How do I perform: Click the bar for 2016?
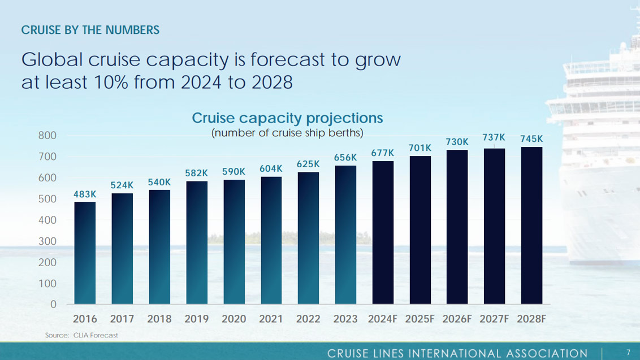tap(85, 253)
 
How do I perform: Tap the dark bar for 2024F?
tap(383, 232)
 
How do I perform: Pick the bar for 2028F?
tap(531, 225)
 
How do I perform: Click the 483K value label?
tap(85, 194)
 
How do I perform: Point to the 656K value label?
tap(345, 158)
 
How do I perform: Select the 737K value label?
tap(494, 138)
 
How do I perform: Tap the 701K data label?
tap(420, 148)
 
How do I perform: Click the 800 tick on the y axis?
tap(48, 136)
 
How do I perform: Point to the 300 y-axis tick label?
tap(48, 241)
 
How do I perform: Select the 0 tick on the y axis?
tap(53, 305)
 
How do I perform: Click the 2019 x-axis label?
tap(196, 319)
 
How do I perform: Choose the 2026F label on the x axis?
tap(457, 319)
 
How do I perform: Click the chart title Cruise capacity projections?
tap(287, 118)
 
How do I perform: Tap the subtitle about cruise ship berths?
tap(287, 133)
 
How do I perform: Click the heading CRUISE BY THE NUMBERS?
tap(90, 30)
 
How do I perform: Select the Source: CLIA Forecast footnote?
tap(81, 335)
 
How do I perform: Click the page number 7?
tap(628, 353)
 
